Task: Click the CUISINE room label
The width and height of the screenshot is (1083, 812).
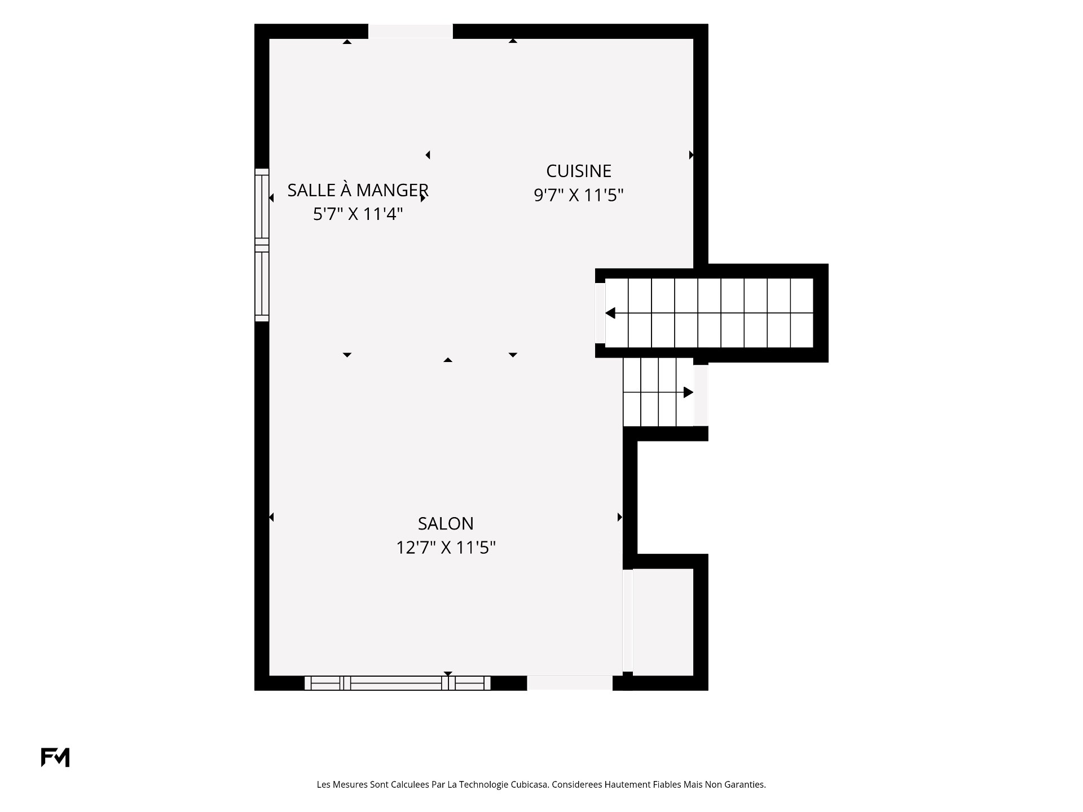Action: tap(579, 171)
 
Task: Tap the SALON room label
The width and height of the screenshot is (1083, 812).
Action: tap(446, 524)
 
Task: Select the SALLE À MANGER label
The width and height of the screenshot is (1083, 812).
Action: tap(358, 190)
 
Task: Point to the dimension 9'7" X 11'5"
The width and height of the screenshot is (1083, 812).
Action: tap(579, 195)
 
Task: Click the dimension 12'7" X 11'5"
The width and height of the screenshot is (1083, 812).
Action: tap(446, 548)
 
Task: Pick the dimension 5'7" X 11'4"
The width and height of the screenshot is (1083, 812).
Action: tap(358, 214)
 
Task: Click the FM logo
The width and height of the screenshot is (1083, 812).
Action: tap(55, 757)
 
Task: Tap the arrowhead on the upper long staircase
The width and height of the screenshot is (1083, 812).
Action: tap(610, 313)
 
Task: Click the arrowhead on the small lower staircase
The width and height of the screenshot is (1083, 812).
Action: tap(688, 392)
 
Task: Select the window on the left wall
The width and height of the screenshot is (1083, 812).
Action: tap(262, 245)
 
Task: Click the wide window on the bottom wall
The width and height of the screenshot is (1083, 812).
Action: tap(398, 683)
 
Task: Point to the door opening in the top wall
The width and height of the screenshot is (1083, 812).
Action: tap(411, 32)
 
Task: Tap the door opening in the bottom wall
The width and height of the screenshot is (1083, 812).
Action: tap(570, 683)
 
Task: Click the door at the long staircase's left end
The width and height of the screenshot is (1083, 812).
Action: tap(600, 313)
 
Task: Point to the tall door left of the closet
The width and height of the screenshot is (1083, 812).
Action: tap(628, 621)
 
